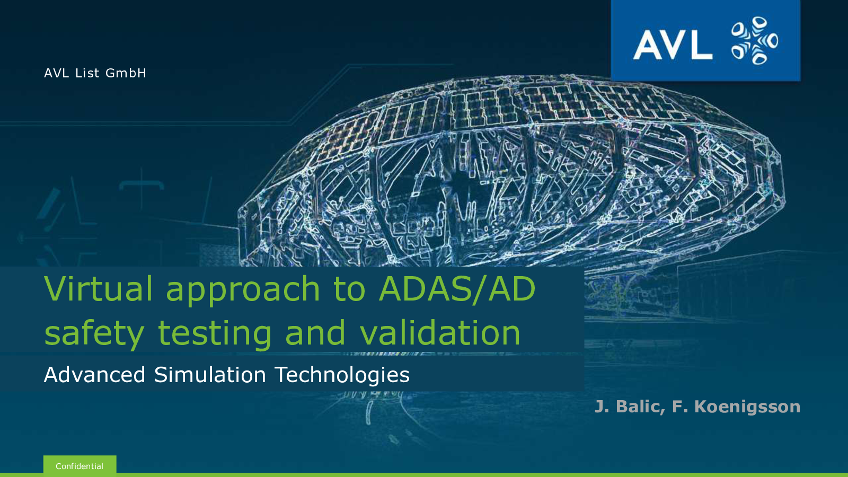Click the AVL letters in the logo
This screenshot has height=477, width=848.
[673, 44]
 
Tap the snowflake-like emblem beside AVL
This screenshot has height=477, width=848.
[755, 40]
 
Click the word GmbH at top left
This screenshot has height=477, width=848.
[126, 73]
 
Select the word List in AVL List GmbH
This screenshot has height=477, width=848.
[87, 73]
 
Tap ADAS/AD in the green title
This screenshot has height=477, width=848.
[457, 288]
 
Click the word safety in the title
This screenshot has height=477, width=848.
[94, 334]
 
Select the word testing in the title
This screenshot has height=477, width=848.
[215, 334]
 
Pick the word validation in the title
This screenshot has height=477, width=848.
[440, 332]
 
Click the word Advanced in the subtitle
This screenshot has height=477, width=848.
[95, 375]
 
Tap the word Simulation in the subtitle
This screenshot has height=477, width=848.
[210, 375]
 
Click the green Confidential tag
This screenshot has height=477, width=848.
[79, 465]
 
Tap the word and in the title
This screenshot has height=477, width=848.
[315, 332]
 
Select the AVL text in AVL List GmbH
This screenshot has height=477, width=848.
[56, 73]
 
